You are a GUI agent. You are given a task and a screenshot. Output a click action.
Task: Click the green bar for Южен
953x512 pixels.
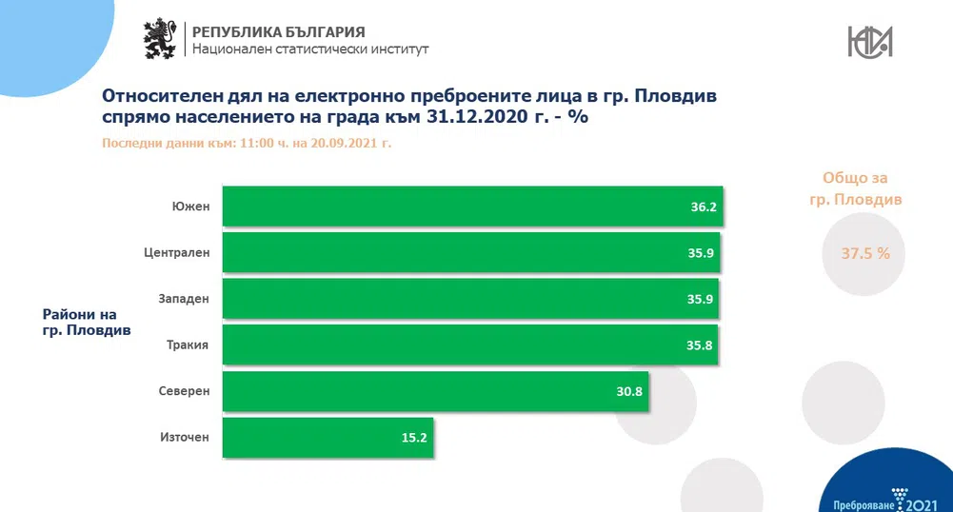pos(473,206)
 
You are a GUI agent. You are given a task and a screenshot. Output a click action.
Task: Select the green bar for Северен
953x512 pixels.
pos(435,390)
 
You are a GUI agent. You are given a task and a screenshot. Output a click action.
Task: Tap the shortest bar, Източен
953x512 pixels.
pos(328,437)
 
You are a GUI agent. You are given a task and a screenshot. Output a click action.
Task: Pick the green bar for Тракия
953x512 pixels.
pos(470,345)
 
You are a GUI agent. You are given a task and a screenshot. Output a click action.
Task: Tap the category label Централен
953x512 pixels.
pos(177,252)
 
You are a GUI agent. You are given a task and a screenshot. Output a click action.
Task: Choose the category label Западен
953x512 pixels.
pos(184,298)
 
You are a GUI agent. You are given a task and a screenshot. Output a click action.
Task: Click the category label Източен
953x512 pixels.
pos(185,437)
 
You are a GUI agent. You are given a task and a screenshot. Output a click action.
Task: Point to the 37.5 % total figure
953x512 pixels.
pos(865,253)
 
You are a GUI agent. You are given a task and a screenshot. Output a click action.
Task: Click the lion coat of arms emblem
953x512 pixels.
pos(160,38)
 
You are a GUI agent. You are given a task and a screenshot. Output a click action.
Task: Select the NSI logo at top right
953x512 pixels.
pos(869,40)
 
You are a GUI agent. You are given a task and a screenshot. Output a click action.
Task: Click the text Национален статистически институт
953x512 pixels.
pos(310,49)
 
